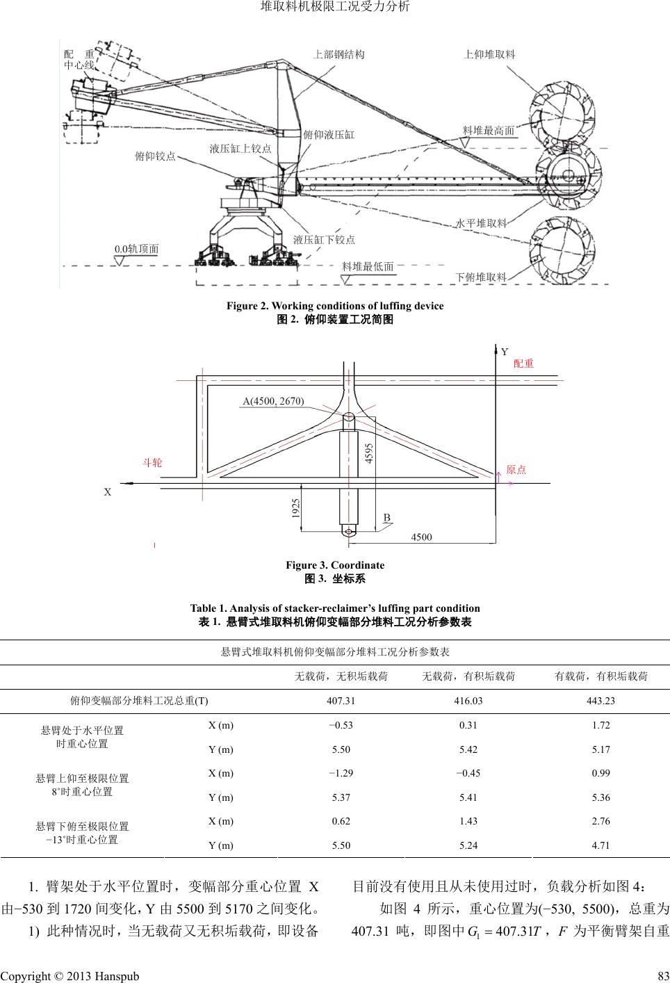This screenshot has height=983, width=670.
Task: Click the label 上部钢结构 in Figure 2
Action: click(x=339, y=54)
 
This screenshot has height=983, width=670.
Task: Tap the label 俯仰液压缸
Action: click(x=329, y=135)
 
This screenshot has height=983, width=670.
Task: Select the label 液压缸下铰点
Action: click(x=324, y=240)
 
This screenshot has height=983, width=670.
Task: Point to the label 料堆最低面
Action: click(x=368, y=266)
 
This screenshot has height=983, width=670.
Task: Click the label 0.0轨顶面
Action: click(x=136, y=248)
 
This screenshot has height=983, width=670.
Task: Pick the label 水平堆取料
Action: click(x=481, y=223)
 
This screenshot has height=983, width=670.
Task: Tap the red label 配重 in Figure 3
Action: click(x=523, y=363)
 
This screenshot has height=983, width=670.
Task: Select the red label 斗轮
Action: click(x=152, y=462)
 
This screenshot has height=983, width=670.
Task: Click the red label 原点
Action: click(x=516, y=470)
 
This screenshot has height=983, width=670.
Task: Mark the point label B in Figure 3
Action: click(x=387, y=517)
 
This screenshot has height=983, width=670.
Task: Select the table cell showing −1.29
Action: click(x=341, y=773)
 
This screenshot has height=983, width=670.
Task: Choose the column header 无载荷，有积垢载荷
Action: click(x=468, y=676)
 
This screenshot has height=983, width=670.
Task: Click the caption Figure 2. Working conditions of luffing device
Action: click(x=335, y=306)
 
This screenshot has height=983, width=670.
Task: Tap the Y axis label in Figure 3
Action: click(x=505, y=352)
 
